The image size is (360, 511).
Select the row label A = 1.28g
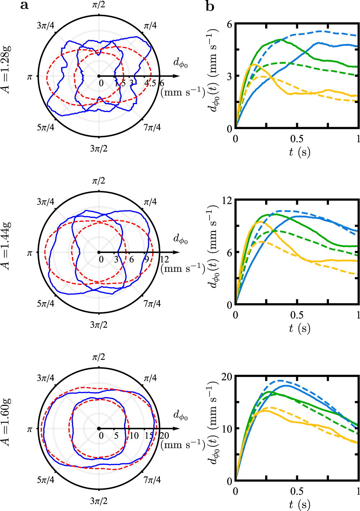click(x=6, y=70)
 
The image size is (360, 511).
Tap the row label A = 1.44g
click(x=6, y=246)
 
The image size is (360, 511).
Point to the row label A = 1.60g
click(x=6, y=422)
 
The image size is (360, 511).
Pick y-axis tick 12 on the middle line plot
click(x=227, y=200)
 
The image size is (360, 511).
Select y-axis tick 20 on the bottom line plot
click(x=227, y=377)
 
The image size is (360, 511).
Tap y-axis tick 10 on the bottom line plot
click(x=227, y=429)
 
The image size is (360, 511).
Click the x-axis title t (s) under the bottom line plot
click(x=300, y=504)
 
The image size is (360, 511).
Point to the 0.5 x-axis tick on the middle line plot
click(x=297, y=315)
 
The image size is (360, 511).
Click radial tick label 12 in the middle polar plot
click(x=165, y=260)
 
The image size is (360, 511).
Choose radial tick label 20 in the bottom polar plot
click(x=164, y=436)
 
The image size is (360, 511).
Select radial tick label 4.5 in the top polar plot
click(x=150, y=83)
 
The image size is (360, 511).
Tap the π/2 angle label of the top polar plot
click(x=99, y=5)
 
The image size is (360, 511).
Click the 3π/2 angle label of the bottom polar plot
click(x=99, y=501)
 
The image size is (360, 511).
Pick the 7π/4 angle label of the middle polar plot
click(x=152, y=304)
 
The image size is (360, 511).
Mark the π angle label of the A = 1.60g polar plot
click(x=30, y=429)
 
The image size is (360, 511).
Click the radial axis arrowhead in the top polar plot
click(x=176, y=76)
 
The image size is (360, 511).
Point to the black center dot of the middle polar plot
click(x=99, y=252)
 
